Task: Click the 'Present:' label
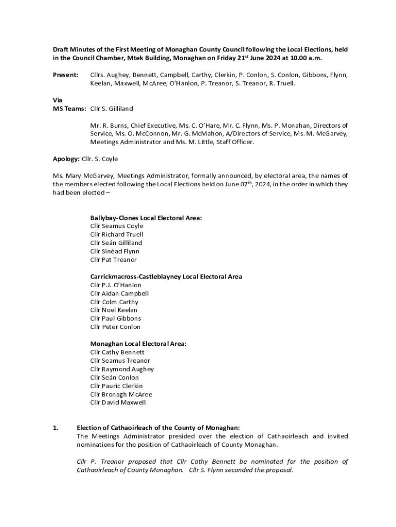tap(65, 75)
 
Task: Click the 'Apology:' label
tap(66, 159)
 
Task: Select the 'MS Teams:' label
tap(69, 109)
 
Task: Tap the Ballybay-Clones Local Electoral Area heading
tap(146, 218)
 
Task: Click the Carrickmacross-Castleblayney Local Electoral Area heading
tap(166, 277)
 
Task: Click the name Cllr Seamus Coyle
tap(117, 226)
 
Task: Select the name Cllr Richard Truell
tap(117, 235)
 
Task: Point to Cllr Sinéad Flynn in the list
tap(115, 251)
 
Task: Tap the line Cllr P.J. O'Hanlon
tap(116, 285)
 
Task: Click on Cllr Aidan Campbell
tap(119, 293)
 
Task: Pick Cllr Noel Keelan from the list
tap(114, 310)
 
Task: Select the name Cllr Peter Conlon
tap(115, 327)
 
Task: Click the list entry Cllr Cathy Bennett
tap(117, 353)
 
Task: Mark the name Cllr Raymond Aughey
tap(122, 369)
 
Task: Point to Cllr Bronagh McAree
tap(121, 394)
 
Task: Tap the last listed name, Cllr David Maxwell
tap(118, 402)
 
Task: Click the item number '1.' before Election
tap(56, 428)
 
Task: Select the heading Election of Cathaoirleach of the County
tap(158, 428)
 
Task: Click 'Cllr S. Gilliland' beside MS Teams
tap(112, 109)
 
